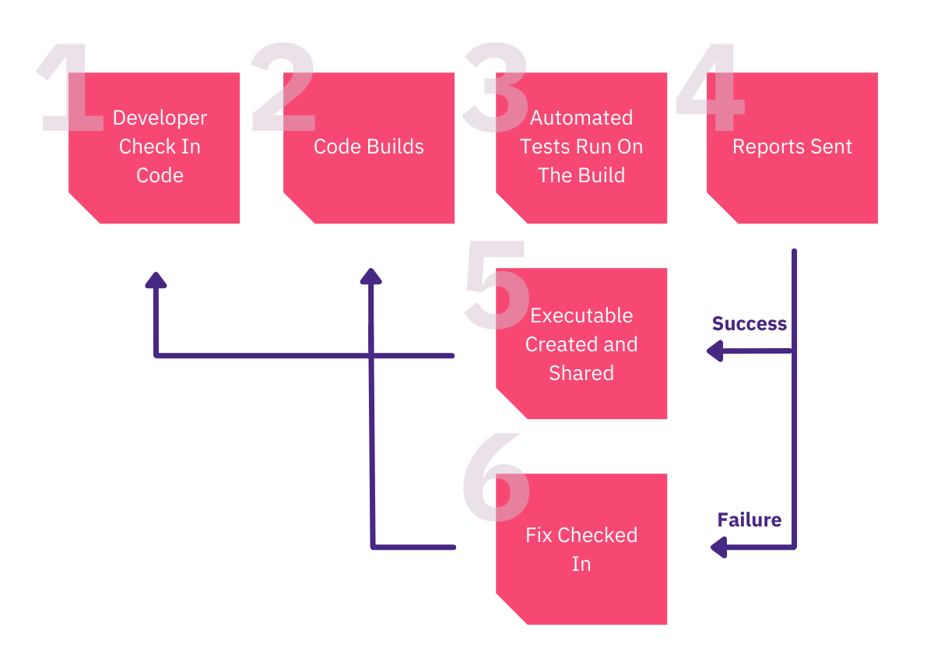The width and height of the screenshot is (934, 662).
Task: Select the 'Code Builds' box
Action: coord(369,148)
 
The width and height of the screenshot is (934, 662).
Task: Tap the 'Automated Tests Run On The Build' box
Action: coord(581,148)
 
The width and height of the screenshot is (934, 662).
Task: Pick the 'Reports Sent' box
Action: coord(792,148)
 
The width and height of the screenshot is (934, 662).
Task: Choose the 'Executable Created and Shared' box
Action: coord(581,344)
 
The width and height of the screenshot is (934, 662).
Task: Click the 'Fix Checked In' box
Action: coord(581,549)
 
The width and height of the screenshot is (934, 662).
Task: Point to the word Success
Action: coord(749,324)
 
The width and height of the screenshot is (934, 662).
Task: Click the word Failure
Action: coord(749,520)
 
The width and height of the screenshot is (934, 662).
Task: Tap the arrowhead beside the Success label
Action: coord(715,352)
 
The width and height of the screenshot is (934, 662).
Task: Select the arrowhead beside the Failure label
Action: coord(719,548)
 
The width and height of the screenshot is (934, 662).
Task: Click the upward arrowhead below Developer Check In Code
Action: coord(156,280)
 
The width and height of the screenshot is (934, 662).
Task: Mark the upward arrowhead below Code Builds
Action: coord(371,276)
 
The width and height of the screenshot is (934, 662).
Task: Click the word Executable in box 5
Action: coord(581,316)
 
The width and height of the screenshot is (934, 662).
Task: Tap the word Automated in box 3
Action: coord(581,118)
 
